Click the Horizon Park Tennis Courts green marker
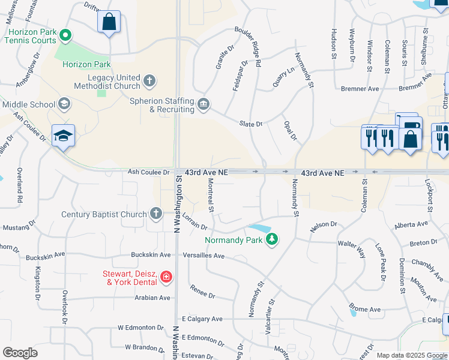click(67, 36)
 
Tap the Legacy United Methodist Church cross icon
click(149, 80)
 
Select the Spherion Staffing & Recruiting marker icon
click(203, 105)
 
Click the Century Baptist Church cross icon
click(155, 214)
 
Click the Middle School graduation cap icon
click(63, 104)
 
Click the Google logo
click(20, 353)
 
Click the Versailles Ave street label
click(203, 256)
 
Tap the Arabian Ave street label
click(152, 297)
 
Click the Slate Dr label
click(251, 124)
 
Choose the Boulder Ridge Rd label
click(249, 46)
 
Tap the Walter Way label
click(352, 248)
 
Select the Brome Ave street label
click(366, 310)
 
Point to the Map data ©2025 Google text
click(412, 355)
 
